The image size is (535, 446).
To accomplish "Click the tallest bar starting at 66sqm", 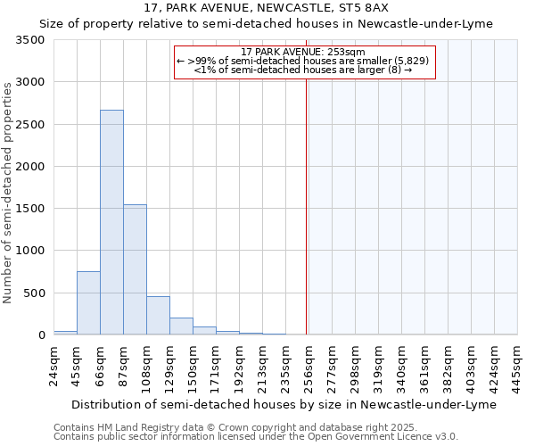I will (x=111, y=222).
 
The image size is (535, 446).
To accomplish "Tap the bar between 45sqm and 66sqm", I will (x=88, y=303).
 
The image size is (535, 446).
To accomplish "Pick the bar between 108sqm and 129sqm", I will (x=158, y=316).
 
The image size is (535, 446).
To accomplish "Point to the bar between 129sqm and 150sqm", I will (x=181, y=326).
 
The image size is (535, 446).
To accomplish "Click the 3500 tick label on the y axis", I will (x=29, y=40).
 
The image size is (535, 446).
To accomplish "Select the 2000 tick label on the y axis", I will (x=29, y=167).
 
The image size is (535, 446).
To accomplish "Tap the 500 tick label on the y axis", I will (x=33, y=293).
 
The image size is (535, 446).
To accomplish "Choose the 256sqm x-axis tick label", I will (x=309, y=366).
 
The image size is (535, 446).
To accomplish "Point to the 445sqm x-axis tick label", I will (x=518, y=366).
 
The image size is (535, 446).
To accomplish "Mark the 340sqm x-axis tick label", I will (x=402, y=366).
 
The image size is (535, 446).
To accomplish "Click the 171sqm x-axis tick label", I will (x=217, y=366).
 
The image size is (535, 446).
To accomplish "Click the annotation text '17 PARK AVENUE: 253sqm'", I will (x=303, y=53).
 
